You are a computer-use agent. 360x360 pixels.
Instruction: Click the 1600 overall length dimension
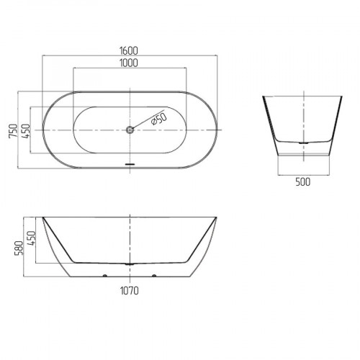coord(129,51)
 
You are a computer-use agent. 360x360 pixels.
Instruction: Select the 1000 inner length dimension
coord(129,63)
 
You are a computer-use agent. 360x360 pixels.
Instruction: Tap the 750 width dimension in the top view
coord(14,131)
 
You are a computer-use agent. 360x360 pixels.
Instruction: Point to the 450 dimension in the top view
coord(26,131)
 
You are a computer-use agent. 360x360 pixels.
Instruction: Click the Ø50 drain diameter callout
coord(159,119)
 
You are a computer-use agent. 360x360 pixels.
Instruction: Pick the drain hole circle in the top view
coord(130,130)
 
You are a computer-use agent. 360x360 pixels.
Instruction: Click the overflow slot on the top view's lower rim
coord(130,164)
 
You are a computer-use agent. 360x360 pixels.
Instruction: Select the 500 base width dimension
coord(303,182)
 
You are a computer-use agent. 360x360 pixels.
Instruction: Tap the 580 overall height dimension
coord(19,248)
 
